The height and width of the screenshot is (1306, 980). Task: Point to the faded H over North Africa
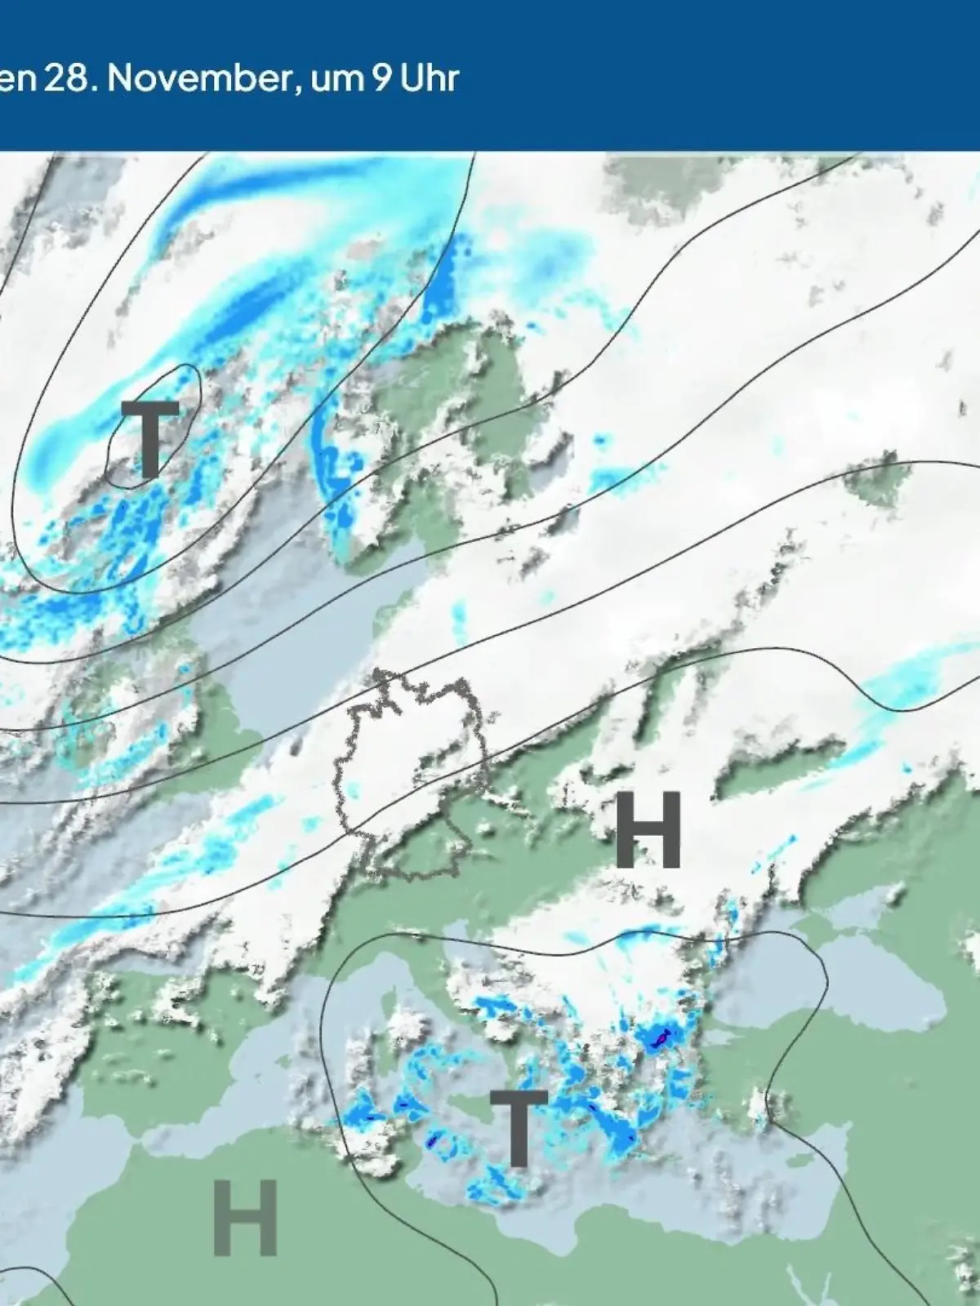[245, 1218]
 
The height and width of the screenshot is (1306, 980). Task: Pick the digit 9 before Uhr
[381, 79]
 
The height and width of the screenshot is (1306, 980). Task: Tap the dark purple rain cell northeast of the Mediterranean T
[661, 1037]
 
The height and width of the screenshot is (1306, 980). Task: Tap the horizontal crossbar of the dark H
[648, 830]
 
